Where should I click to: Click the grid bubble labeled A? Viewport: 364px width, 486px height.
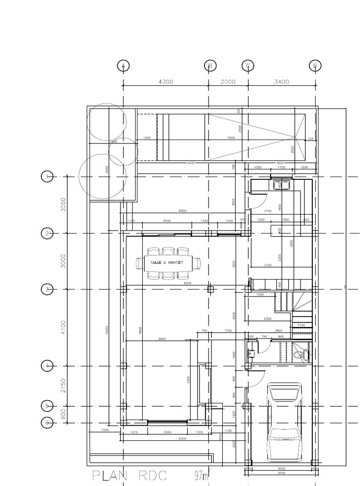123,66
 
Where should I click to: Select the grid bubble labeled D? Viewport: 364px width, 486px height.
315,66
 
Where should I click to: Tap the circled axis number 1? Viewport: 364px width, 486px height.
47,177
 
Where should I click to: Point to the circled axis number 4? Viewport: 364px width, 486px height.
47,366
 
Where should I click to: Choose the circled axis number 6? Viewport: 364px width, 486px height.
47,423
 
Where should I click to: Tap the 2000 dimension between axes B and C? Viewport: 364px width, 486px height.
228,82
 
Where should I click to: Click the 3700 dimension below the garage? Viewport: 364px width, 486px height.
282,473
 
